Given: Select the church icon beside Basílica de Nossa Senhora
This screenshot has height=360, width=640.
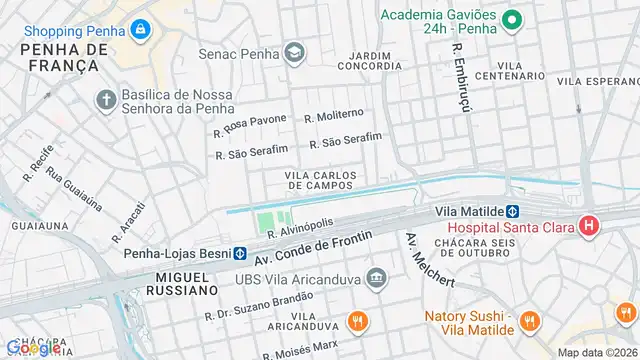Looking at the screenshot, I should tap(106, 99).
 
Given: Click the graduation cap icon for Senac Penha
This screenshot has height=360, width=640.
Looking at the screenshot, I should tap(294, 51).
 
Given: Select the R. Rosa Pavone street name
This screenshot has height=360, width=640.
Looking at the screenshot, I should tap(250, 126).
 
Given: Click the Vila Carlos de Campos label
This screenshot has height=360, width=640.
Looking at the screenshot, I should tap(320, 180).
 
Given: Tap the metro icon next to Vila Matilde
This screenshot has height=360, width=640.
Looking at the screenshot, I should tap(510, 212).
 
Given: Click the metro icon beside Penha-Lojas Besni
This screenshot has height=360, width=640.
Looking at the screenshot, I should tap(241, 254).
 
